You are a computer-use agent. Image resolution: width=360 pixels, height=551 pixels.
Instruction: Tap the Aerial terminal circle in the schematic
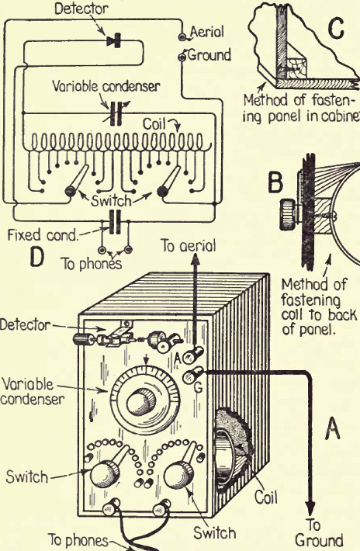coord(182,36)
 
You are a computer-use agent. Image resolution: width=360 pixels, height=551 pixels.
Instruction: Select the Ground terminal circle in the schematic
coord(182,57)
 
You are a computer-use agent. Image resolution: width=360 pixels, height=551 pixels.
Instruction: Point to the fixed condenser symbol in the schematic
coord(115,222)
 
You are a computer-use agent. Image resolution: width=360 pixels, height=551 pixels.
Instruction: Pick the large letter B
coord(275,182)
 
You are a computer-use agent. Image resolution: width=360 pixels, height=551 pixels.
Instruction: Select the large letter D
coord(37,256)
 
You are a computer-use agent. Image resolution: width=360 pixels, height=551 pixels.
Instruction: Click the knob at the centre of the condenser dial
coord(142,401)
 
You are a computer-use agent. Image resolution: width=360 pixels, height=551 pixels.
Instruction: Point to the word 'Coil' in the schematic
coord(154,124)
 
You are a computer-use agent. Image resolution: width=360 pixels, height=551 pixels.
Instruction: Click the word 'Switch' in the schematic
coord(111,201)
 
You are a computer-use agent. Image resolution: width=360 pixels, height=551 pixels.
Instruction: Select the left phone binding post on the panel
coord(111,507)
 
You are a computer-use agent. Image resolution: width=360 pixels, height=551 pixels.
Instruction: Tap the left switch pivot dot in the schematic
coord(70,192)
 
